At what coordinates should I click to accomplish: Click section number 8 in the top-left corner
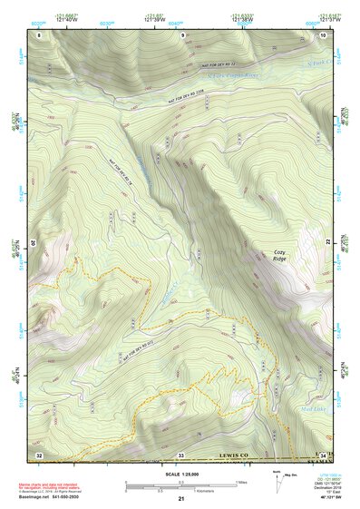click(x=39, y=34)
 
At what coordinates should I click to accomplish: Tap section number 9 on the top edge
click(x=182, y=34)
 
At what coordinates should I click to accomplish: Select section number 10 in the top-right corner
click(x=324, y=34)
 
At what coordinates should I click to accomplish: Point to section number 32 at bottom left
click(x=39, y=454)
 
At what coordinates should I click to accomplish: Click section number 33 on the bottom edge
click(x=181, y=454)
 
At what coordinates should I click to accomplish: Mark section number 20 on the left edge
click(x=36, y=243)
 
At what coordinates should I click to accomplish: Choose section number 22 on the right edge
click(x=328, y=243)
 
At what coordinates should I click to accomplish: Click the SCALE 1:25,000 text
click(x=180, y=475)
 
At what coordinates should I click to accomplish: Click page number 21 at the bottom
click(x=180, y=499)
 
